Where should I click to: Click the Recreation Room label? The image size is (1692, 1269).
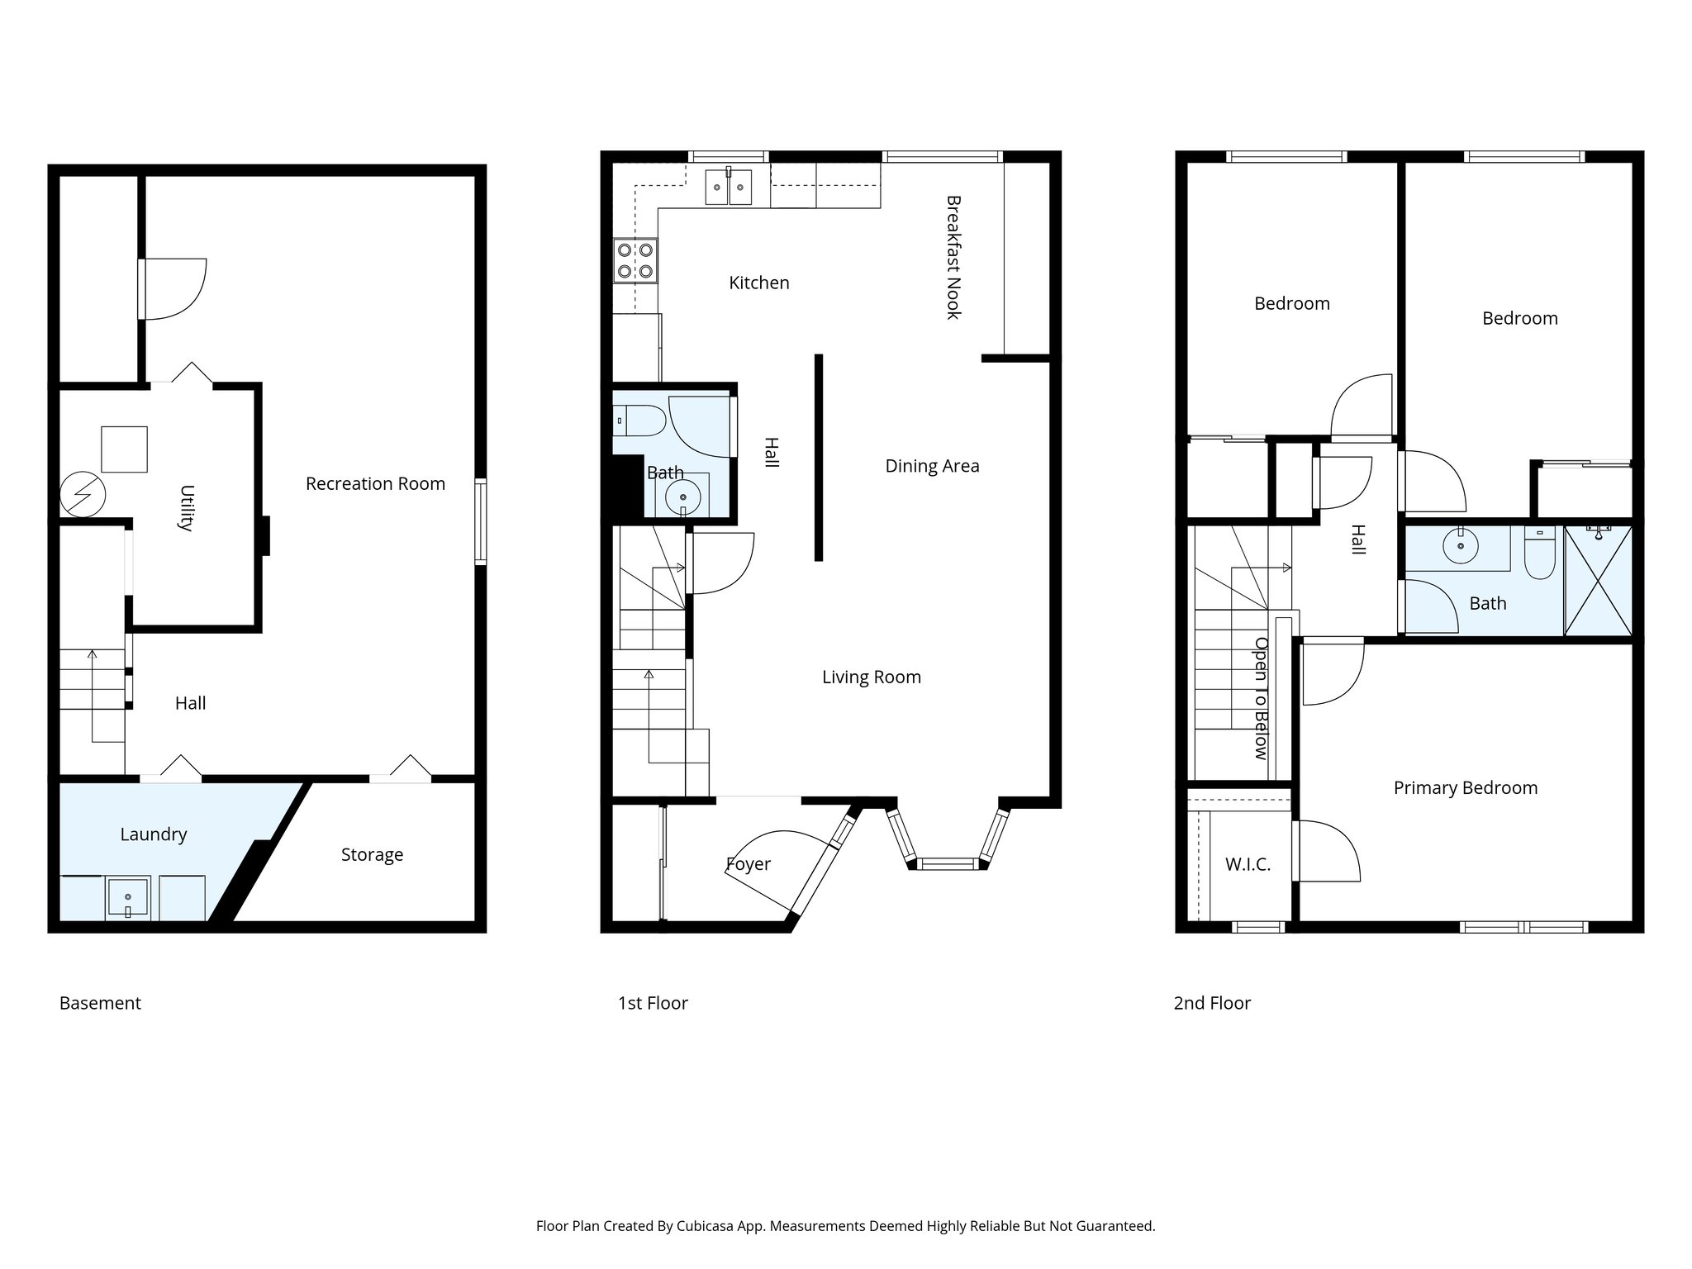tap(375, 484)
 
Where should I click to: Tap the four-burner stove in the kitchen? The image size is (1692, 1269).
tap(635, 260)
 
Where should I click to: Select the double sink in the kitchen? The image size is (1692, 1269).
tap(728, 188)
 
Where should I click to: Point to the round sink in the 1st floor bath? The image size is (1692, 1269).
tap(683, 497)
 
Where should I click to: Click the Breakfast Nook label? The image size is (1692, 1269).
tap(953, 257)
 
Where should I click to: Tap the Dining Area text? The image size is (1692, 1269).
tap(932, 466)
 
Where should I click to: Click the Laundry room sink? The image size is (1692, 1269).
tap(127, 899)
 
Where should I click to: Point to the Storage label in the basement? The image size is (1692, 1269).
tap(372, 855)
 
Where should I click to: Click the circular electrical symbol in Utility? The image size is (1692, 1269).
tap(83, 494)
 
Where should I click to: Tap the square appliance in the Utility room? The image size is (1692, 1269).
tap(124, 449)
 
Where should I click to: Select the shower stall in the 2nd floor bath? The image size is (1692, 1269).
tap(1598, 581)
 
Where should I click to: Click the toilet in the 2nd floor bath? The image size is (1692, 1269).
tap(1539, 552)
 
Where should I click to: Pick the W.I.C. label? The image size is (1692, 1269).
tap(1248, 865)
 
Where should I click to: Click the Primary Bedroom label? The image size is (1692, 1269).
tap(1465, 788)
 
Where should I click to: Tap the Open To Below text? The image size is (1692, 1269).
tap(1261, 698)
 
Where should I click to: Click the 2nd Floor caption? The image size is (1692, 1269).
tap(1212, 1003)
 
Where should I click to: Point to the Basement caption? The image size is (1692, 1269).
tap(100, 1003)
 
